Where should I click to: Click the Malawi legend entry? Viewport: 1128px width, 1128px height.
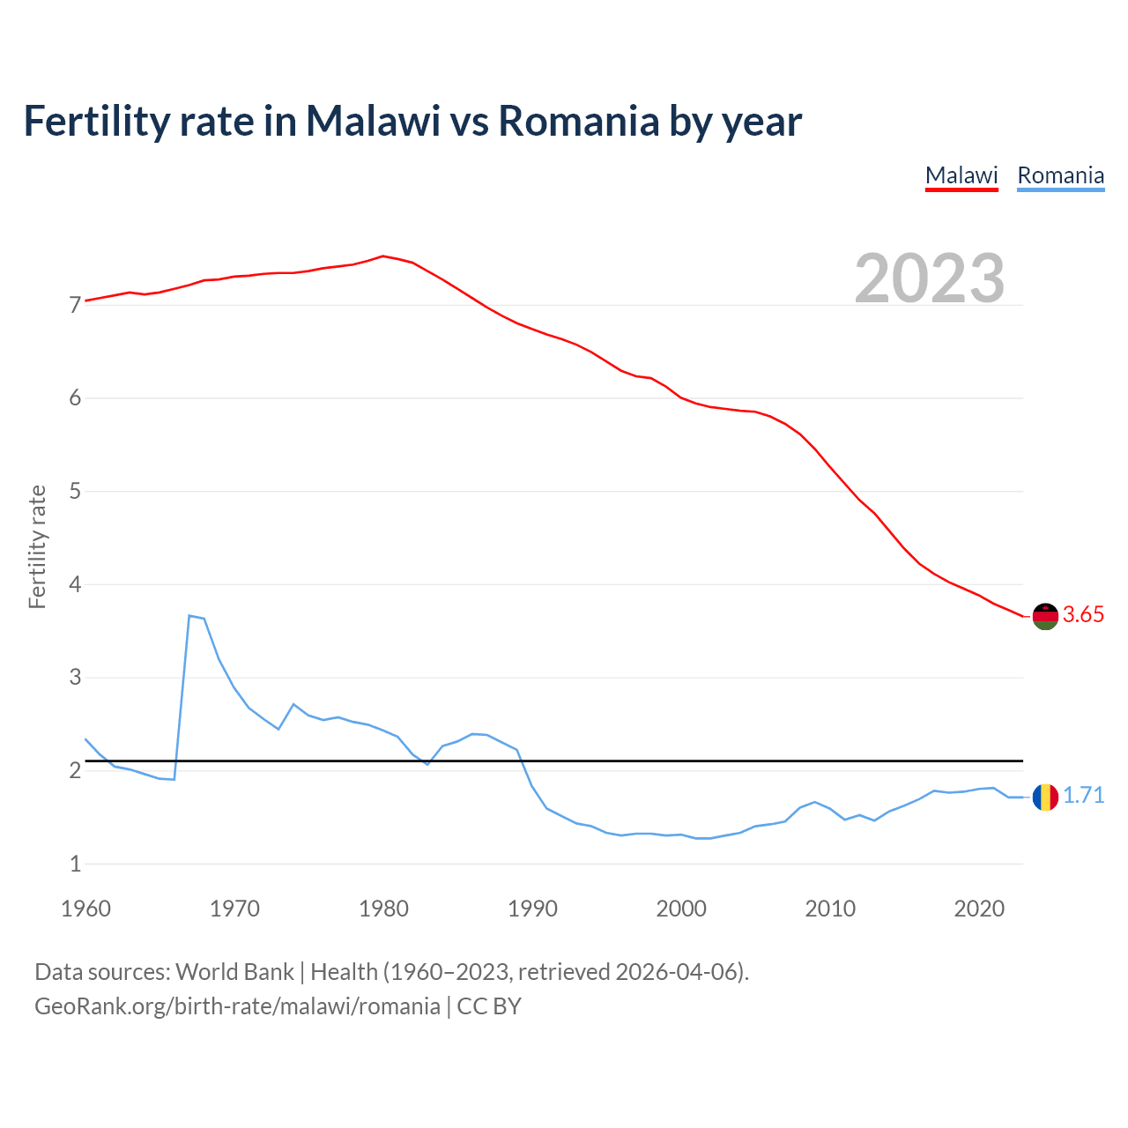[x=961, y=175]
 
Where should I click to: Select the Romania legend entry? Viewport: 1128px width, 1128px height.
[x=1060, y=175]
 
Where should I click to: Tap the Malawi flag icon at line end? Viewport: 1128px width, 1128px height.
[x=1045, y=616]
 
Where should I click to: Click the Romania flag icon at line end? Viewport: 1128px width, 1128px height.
[x=1045, y=797]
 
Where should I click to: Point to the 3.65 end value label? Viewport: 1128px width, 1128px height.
[x=1083, y=615]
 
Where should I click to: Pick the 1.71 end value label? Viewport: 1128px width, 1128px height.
[x=1083, y=796]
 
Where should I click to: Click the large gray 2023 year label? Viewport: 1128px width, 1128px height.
[x=930, y=278]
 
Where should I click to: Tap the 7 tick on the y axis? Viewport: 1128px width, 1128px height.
[x=75, y=306]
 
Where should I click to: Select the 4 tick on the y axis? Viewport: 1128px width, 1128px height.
[x=75, y=585]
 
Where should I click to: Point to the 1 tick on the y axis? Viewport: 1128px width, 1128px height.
[x=75, y=865]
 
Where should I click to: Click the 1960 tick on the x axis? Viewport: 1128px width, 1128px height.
[x=85, y=909]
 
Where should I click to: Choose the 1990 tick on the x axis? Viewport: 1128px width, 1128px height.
[x=532, y=909]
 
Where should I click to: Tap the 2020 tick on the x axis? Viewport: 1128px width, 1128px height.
[x=979, y=909]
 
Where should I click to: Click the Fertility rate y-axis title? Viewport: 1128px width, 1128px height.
[x=37, y=546]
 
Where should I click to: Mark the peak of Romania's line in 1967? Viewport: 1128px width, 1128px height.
[x=189, y=615]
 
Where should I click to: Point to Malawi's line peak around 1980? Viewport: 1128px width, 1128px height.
[x=382, y=256]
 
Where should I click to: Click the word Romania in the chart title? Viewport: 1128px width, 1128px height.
[x=578, y=121]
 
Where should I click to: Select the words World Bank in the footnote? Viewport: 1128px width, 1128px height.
[x=234, y=972]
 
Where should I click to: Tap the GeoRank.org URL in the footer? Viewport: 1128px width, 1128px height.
[x=237, y=1006]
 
